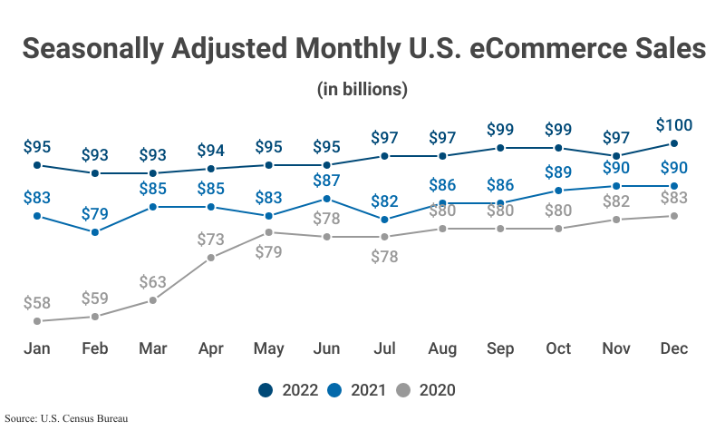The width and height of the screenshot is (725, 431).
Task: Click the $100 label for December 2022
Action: pyautogui.click(x=674, y=125)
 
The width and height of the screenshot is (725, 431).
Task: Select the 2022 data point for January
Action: pyautogui.click(x=37, y=165)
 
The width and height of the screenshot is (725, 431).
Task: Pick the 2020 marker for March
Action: pyautogui.click(x=153, y=300)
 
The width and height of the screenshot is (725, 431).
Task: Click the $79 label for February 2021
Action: pyautogui.click(x=95, y=215)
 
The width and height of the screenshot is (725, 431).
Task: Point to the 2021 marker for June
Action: pyautogui.click(x=327, y=199)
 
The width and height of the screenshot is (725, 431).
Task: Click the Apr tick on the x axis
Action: pyautogui.click(x=210, y=349)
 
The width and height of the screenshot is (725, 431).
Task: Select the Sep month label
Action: pyautogui.click(x=500, y=349)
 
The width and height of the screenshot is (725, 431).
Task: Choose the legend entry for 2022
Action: pyautogui.click(x=288, y=390)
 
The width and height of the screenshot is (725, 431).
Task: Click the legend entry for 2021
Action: pyautogui.click(x=357, y=390)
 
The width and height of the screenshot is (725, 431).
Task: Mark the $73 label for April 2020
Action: pyautogui.click(x=211, y=240)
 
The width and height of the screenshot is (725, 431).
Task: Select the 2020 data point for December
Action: pyautogui.click(x=674, y=216)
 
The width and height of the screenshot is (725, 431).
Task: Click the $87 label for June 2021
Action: pyautogui.click(x=327, y=181)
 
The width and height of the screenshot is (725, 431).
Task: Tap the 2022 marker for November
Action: pyautogui.click(x=616, y=156)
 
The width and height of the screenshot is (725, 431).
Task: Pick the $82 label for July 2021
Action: pyautogui.click(x=385, y=201)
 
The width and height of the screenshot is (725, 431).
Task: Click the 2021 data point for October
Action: pyautogui.click(x=558, y=191)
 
